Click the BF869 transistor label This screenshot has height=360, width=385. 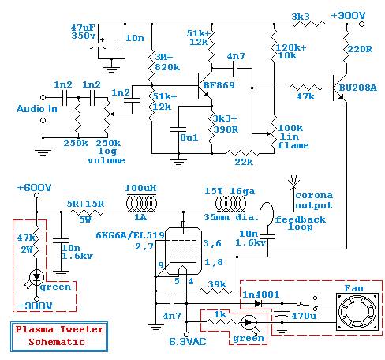[x=219, y=85]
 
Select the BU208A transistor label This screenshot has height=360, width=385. [x=358, y=88]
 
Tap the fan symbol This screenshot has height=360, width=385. [x=357, y=312]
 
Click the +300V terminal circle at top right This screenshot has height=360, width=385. [x=362, y=24]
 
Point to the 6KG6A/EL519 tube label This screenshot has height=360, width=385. [x=130, y=235]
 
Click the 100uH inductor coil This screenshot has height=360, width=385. [x=141, y=203]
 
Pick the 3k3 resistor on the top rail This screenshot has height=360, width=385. [x=308, y=24]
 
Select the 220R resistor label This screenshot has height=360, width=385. [x=360, y=49]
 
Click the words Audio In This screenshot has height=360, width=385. [x=37, y=109]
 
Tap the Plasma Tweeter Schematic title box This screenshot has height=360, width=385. [x=59, y=336]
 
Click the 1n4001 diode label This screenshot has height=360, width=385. [x=260, y=294]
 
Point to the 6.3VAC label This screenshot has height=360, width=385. [x=188, y=342]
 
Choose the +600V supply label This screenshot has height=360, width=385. [x=34, y=188]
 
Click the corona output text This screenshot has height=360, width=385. [x=314, y=200]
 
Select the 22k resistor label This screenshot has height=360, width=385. [x=244, y=162]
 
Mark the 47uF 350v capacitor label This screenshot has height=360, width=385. [x=83, y=32]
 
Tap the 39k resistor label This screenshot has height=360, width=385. [x=217, y=284]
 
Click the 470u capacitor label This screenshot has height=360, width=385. [x=304, y=316]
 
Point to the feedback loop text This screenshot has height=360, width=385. [x=301, y=223]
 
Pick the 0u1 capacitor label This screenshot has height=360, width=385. [x=189, y=137]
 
